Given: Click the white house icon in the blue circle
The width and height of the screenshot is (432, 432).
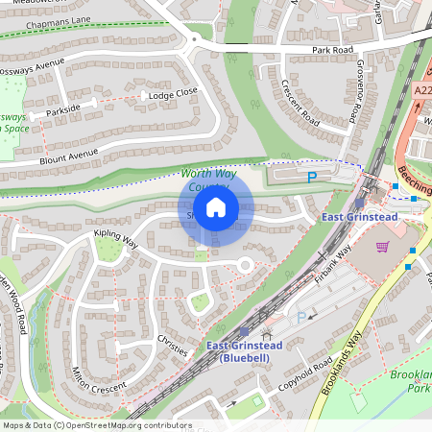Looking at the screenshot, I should (216, 207).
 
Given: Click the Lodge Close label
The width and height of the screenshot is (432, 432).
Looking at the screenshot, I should (173, 92).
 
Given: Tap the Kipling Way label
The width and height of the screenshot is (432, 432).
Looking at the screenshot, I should (116, 239).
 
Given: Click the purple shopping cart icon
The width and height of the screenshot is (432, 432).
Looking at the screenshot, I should (383, 247).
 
